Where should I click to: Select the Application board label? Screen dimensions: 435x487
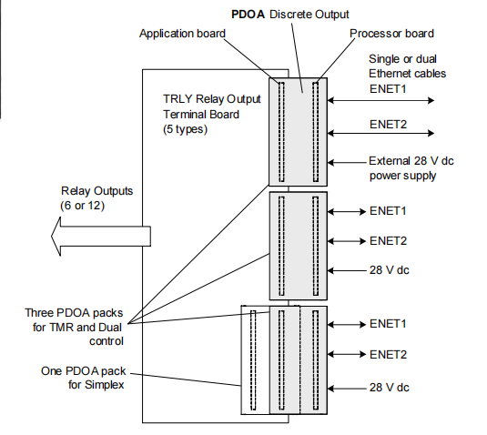pos(182,35)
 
